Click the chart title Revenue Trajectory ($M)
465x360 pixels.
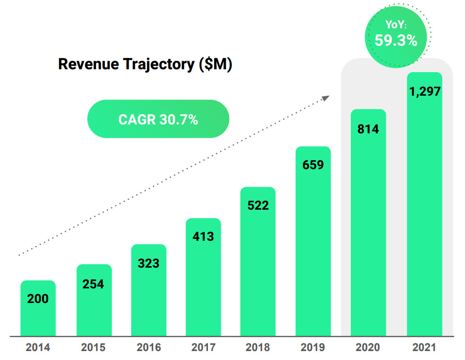pyautogui.click(x=145, y=65)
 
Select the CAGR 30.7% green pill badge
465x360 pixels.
pyautogui.click(x=158, y=119)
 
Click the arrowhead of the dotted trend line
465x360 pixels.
pyautogui.click(x=326, y=97)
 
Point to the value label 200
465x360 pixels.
pyautogui.click(x=38, y=299)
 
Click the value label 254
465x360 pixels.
pyautogui.click(x=93, y=284)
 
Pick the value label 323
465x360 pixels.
pyautogui.click(x=149, y=263)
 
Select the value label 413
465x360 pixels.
pyautogui.click(x=203, y=237)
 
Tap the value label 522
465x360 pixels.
pyautogui.click(x=258, y=206)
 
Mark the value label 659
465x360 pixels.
pyautogui.click(x=313, y=165)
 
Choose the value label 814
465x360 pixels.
pyautogui.click(x=368, y=129)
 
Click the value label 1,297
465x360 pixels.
pyautogui.click(x=424, y=91)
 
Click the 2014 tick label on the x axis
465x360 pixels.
pyautogui.click(x=38, y=348)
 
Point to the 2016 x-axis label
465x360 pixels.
pyautogui.click(x=149, y=348)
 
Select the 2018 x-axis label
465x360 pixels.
pyautogui.click(x=258, y=348)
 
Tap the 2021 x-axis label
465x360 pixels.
pyautogui.click(x=424, y=348)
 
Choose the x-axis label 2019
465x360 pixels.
pyautogui.click(x=313, y=348)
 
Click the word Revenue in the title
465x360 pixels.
pyautogui.click(x=88, y=65)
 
